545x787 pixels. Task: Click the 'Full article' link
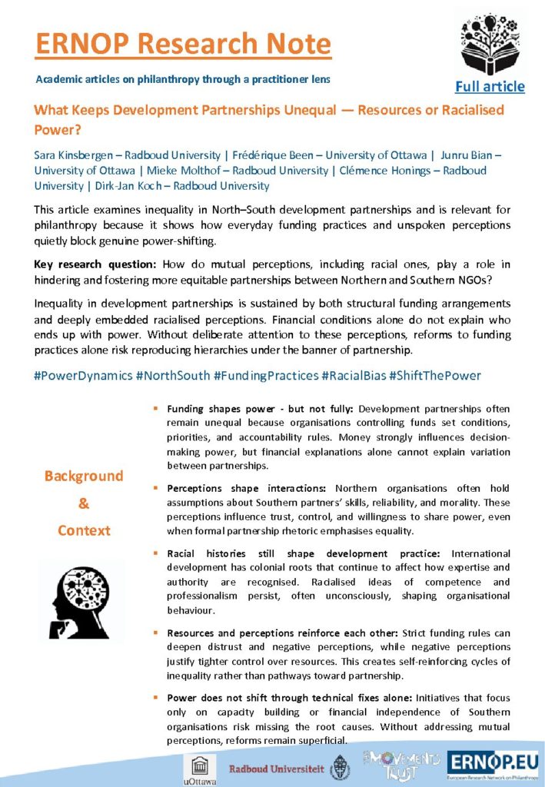click(489, 86)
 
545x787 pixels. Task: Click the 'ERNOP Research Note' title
click(183, 43)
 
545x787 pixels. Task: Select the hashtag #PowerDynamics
click(82, 375)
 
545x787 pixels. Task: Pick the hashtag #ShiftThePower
click(437, 375)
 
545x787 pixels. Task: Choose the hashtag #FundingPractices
click(266, 375)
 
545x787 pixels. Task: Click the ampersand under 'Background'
click(84, 503)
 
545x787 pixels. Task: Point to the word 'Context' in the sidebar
click(84, 530)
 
